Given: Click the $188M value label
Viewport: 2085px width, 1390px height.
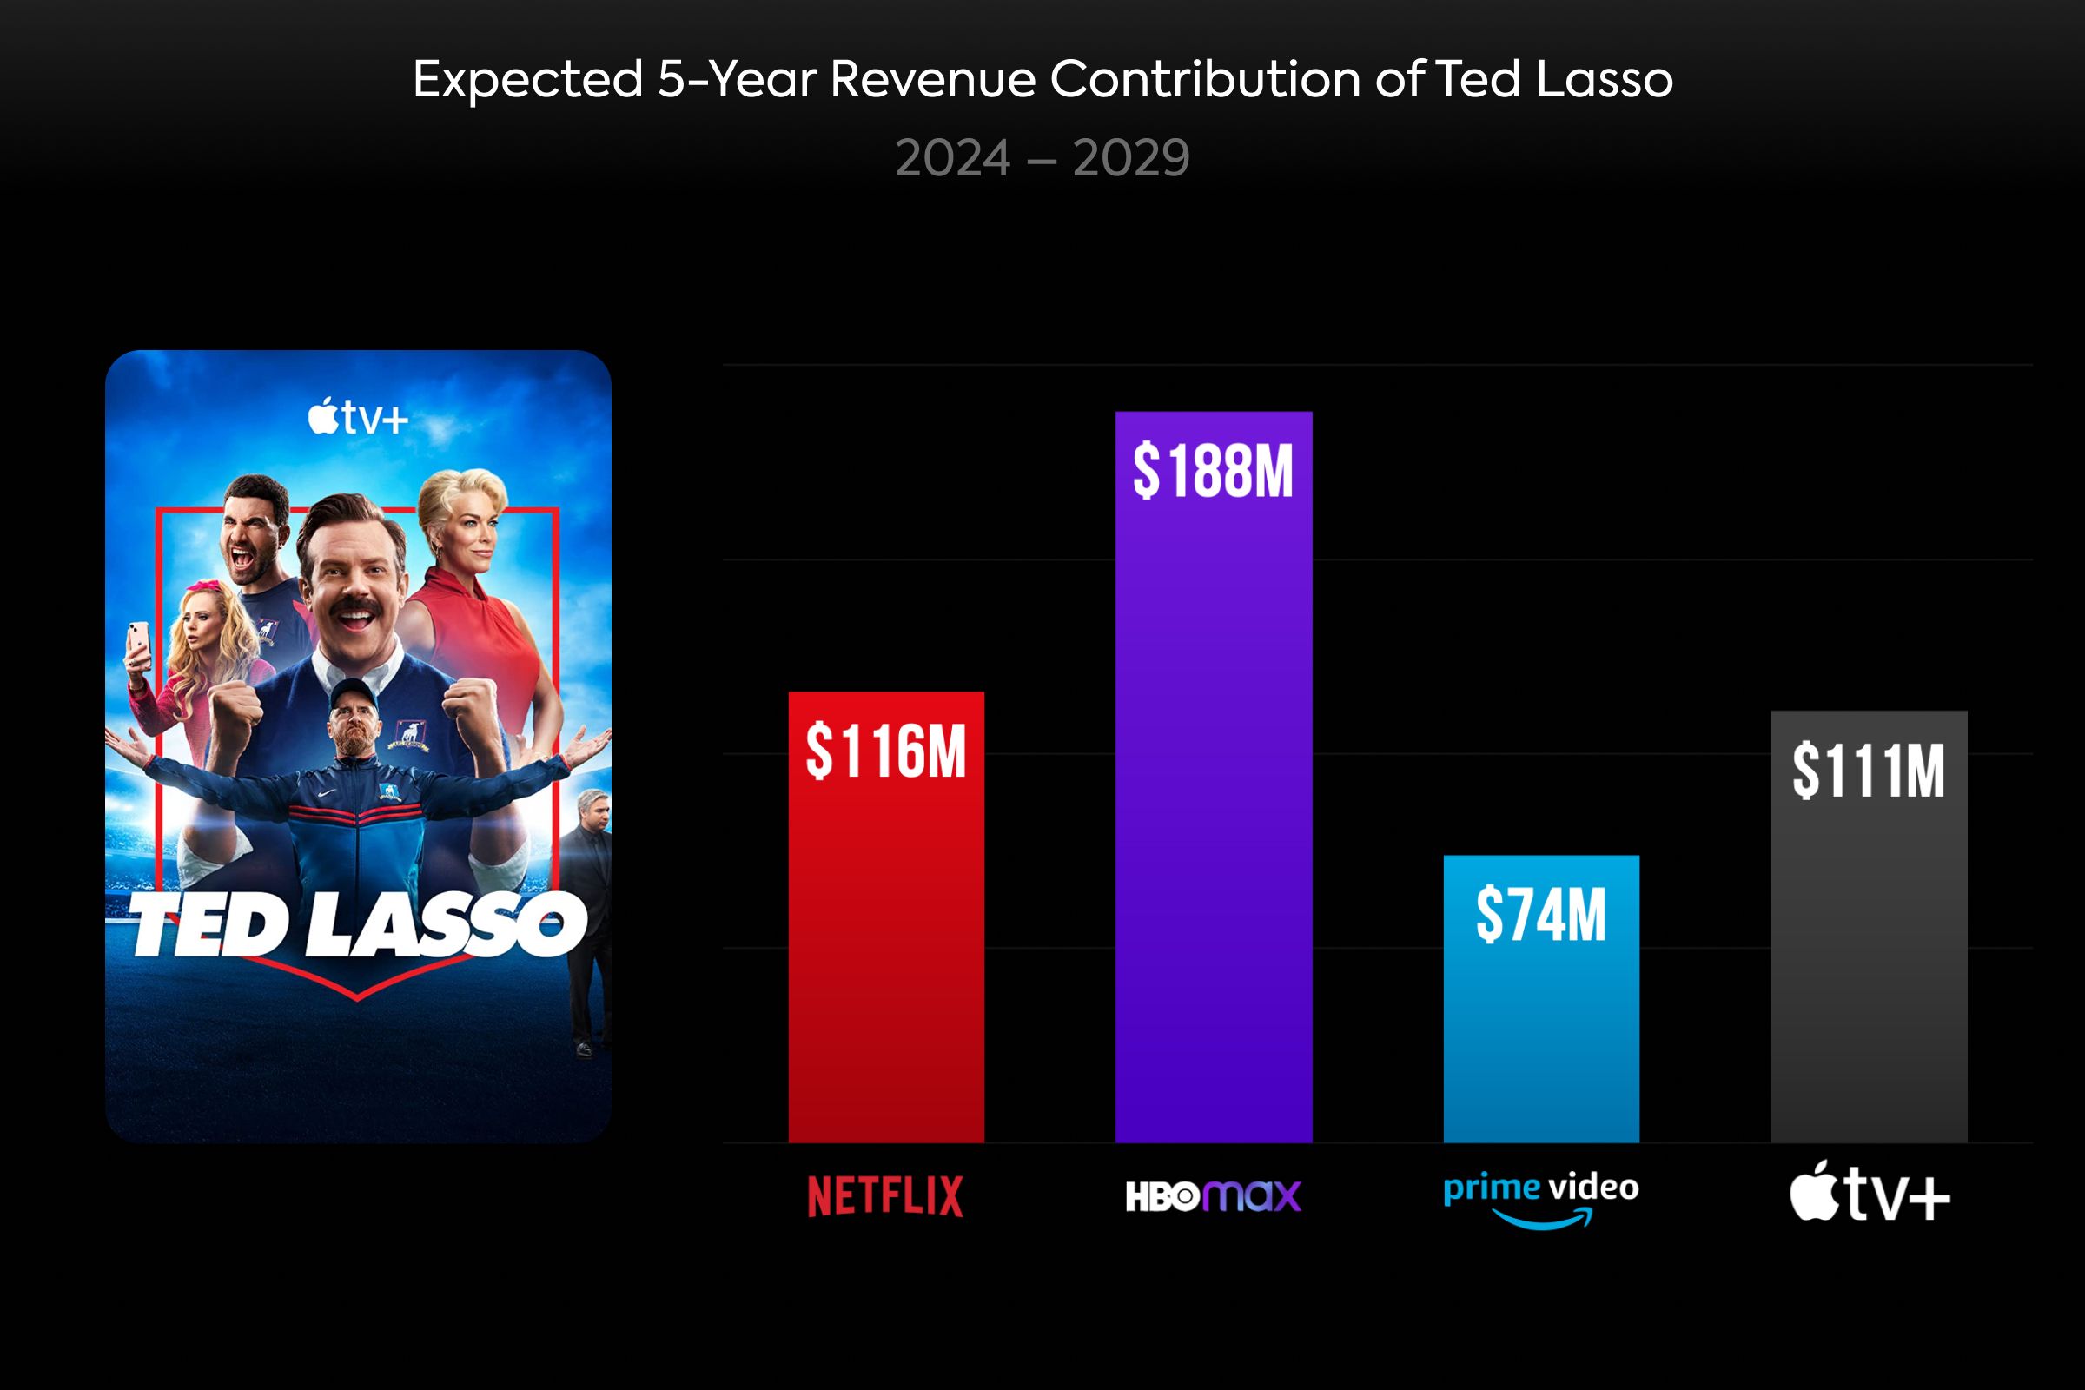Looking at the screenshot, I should [1213, 471].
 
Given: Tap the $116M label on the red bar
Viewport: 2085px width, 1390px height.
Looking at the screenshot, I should [885, 751].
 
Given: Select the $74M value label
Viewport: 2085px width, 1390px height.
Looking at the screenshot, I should [1540, 915].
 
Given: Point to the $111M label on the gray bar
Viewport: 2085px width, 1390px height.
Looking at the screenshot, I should [1869, 771].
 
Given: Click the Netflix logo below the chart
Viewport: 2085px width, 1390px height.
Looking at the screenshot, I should [885, 1196].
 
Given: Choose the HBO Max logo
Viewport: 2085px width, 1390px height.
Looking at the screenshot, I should [1213, 1196].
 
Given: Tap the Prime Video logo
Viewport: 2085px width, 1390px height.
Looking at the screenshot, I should [1540, 1199].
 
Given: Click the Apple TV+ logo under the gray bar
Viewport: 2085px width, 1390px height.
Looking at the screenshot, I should [1869, 1193].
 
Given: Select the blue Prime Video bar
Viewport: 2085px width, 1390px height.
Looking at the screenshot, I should [1540, 1046].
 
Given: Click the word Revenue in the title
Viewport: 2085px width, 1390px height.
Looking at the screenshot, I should [932, 80].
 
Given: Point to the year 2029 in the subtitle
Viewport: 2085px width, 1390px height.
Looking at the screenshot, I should [1130, 159].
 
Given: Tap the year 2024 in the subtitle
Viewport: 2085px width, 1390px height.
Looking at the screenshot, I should [953, 159].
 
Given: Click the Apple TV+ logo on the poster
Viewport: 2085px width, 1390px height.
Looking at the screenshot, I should [357, 418].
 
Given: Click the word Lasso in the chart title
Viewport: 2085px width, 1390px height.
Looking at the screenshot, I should [1605, 80].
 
